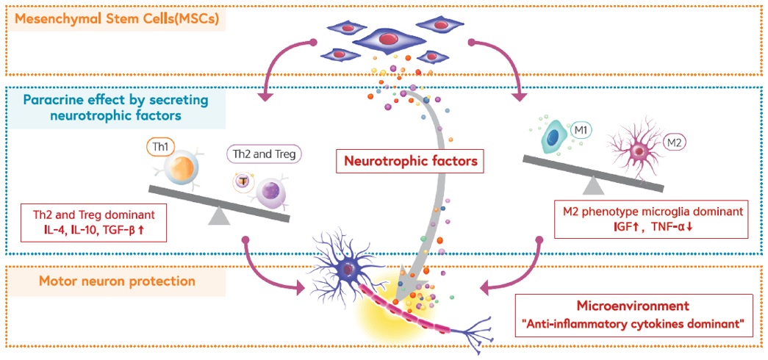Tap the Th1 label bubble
point(159,148)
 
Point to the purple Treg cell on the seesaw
point(268,194)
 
